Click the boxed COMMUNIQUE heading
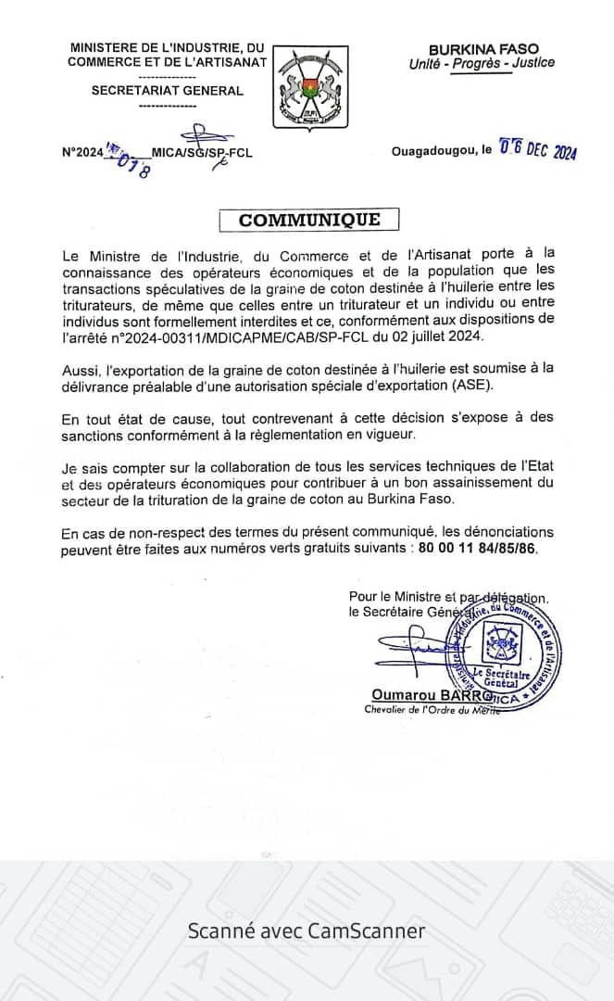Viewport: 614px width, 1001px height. coord(309,220)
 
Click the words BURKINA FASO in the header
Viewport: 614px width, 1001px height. coord(482,48)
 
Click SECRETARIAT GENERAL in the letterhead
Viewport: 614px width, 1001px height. coord(168,91)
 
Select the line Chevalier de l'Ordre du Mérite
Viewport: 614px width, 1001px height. coord(432,710)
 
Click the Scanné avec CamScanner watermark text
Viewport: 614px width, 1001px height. coord(307,931)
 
